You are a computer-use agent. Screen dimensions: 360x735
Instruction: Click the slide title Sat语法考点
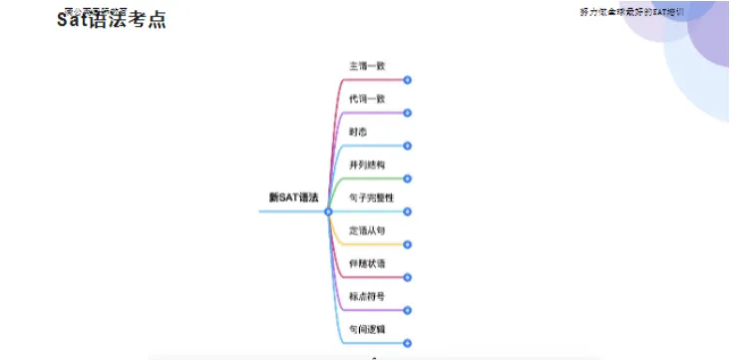[x=111, y=20]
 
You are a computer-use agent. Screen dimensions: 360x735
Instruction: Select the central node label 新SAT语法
[x=293, y=197]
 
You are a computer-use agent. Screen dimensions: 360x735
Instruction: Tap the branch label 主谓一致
[x=366, y=66]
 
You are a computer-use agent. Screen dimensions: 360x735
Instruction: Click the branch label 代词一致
[x=366, y=99]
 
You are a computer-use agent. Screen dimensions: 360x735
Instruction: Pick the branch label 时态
[x=357, y=132]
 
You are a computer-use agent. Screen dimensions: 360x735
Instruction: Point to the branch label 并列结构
[x=366, y=165]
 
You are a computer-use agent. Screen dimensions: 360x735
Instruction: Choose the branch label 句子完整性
[x=371, y=197]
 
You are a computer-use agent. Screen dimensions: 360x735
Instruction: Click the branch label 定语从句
[x=366, y=230]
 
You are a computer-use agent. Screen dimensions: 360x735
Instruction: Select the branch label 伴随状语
[x=366, y=263]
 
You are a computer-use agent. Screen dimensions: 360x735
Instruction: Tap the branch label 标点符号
[x=366, y=296]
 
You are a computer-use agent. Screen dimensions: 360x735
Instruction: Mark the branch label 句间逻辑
[x=366, y=329]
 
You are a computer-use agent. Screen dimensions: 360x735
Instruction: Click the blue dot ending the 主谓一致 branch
[x=407, y=80]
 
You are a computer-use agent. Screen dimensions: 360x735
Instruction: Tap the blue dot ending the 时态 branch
[x=407, y=146]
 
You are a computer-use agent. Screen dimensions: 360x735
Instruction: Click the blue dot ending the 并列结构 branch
[x=407, y=179]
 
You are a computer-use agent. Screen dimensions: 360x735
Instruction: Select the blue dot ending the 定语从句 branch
[x=407, y=244]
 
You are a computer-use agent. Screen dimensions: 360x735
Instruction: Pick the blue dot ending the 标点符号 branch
[x=407, y=310]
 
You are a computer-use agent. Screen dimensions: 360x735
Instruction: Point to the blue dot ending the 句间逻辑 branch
[x=407, y=343]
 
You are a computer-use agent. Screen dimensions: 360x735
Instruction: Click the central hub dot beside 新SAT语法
[x=327, y=211]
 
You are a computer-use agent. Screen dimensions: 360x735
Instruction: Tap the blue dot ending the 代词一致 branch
[x=407, y=113]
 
